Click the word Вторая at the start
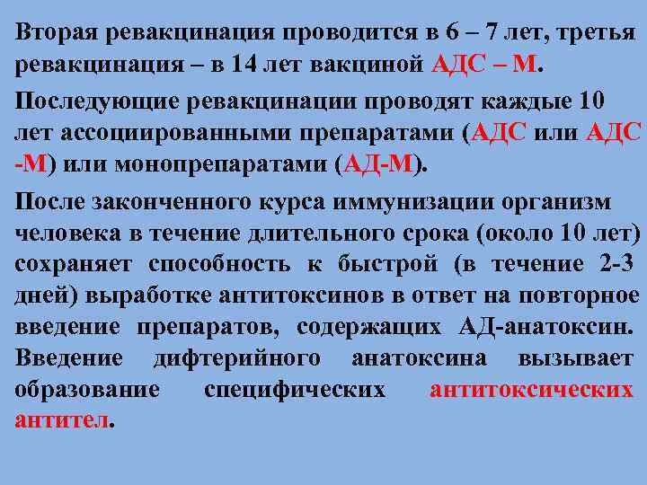(x=57, y=33)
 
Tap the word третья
(x=596, y=33)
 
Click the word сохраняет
(x=74, y=264)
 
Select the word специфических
(x=295, y=390)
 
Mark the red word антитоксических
(x=531, y=390)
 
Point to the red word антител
(x=61, y=420)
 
